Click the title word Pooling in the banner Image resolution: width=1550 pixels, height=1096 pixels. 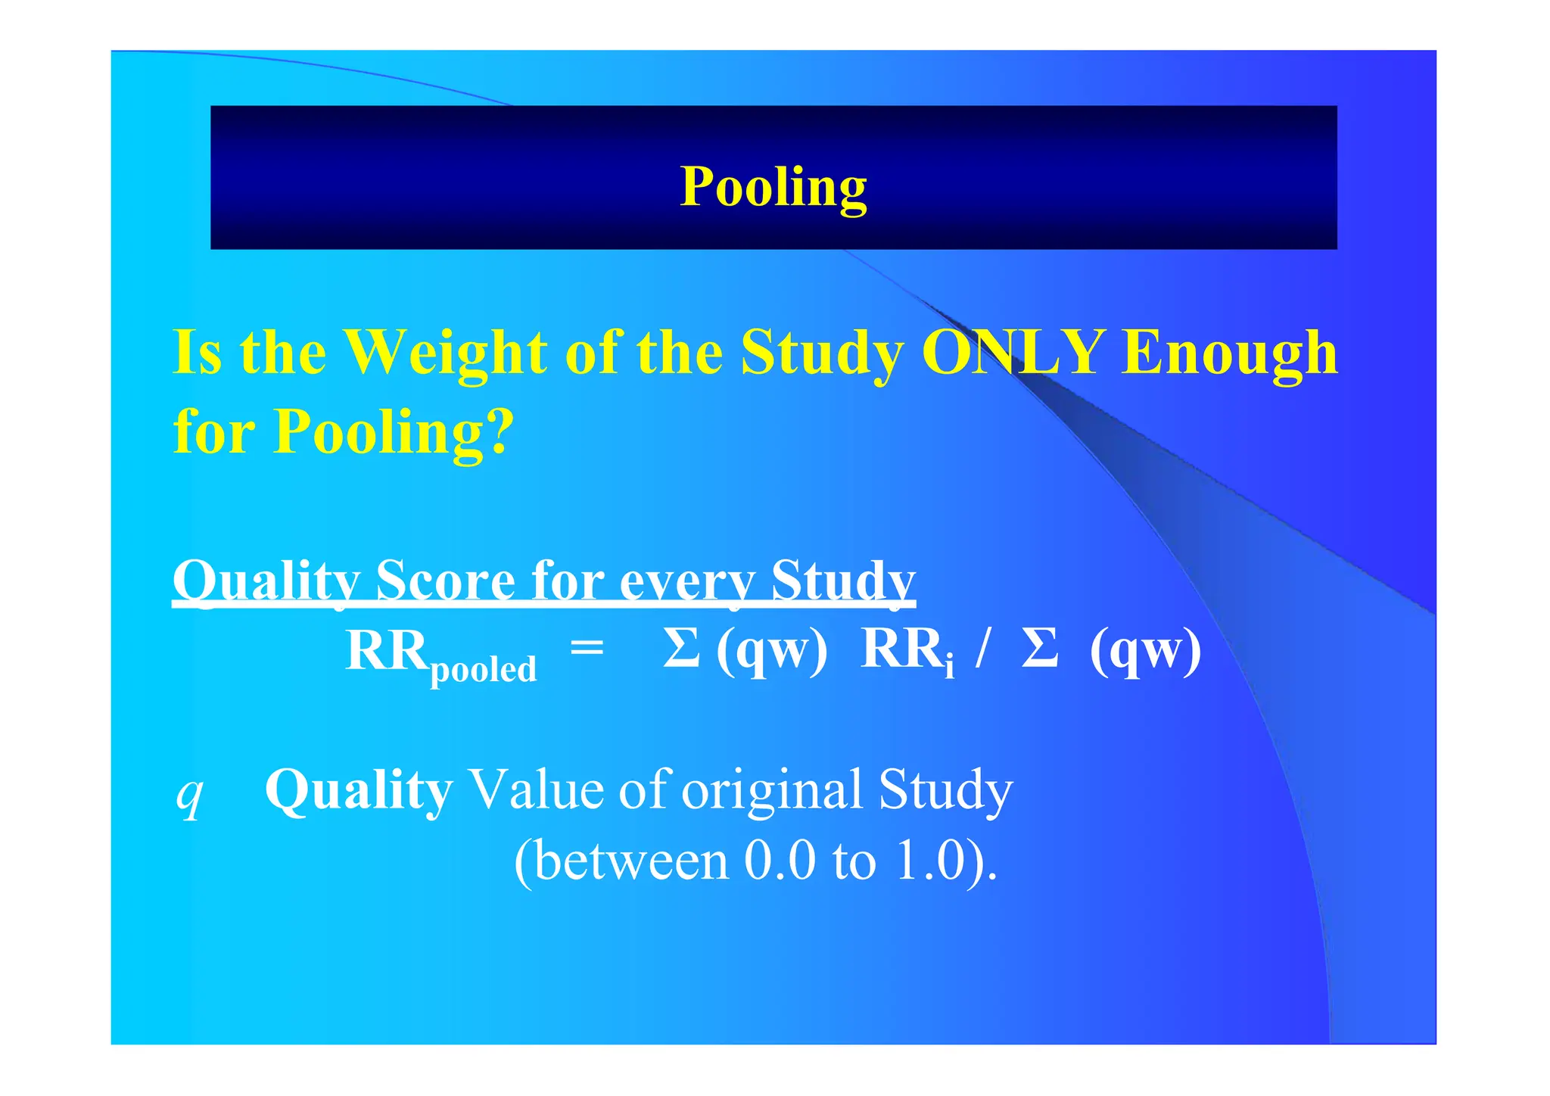773,186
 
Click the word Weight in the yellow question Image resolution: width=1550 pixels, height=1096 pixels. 446,353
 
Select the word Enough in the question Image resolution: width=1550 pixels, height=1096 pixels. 1230,353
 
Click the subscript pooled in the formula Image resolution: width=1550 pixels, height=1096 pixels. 484,669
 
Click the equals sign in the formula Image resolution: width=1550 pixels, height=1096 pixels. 587,648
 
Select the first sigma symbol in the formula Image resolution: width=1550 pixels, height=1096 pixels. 680,649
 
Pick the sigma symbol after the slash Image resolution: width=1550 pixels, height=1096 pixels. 1039,649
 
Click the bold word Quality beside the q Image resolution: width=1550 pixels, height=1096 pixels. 359,790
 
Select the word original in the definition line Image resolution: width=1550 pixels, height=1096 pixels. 772,790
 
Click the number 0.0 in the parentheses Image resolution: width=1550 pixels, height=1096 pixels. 780,861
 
